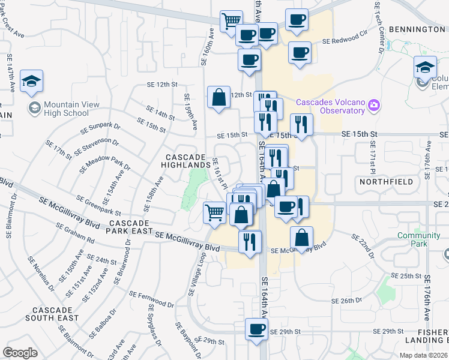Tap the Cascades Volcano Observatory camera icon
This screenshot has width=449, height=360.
pos(373,106)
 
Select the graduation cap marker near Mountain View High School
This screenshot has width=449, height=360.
pos(31,82)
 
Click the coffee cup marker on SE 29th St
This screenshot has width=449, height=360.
pos(257,329)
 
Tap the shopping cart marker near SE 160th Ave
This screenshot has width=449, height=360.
pos(231,22)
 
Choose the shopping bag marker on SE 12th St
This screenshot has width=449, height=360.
pos(219,97)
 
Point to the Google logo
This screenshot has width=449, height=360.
pos(20,353)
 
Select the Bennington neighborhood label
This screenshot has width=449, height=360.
pos(416,29)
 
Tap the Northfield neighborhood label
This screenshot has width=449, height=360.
pos(386,181)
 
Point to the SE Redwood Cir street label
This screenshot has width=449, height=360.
pos(344,41)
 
